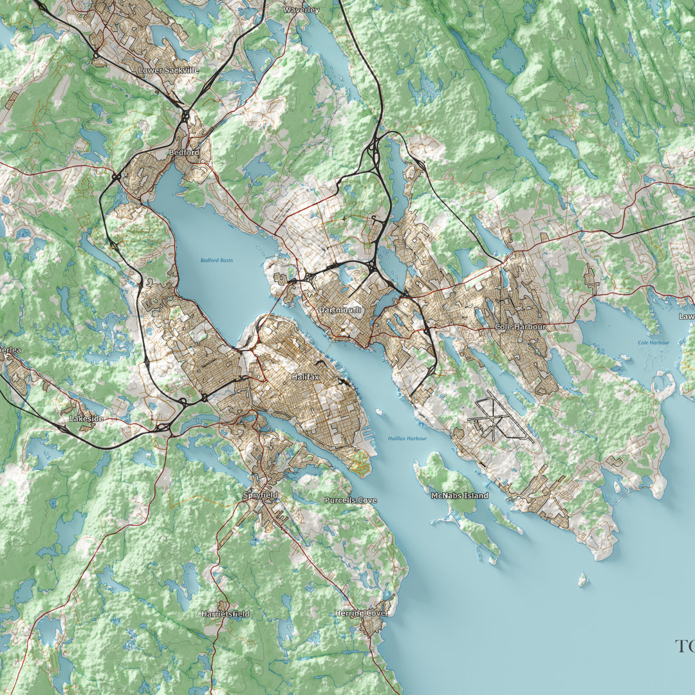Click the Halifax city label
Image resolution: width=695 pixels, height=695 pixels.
pyautogui.click(x=304, y=376)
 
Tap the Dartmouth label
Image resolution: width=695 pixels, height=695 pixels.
pyautogui.click(x=340, y=310)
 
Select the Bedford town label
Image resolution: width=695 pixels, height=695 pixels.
pyautogui.click(x=183, y=153)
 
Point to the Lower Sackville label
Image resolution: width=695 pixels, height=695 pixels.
pyautogui.click(x=169, y=69)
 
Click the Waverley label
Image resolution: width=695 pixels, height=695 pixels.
pyautogui.click(x=301, y=10)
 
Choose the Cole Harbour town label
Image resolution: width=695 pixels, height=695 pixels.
pyautogui.click(x=520, y=327)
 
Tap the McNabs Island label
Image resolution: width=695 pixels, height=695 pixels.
pyautogui.click(x=459, y=496)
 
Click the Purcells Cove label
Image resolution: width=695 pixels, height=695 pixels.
pyautogui.click(x=351, y=500)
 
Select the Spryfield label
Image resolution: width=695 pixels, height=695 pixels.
pyautogui.click(x=260, y=496)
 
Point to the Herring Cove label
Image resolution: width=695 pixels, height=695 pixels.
pyautogui.click(x=360, y=613)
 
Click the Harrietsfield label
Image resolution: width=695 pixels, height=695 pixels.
pyautogui.click(x=225, y=614)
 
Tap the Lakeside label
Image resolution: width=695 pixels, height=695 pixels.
pyautogui.click(x=86, y=418)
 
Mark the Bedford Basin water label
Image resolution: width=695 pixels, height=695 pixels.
pyautogui.click(x=216, y=261)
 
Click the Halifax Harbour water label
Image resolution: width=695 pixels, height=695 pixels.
pyautogui.click(x=407, y=439)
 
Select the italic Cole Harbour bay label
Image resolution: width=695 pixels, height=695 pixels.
pyautogui.click(x=653, y=343)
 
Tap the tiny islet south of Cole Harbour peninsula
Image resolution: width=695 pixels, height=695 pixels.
pyautogui.click(x=582, y=580)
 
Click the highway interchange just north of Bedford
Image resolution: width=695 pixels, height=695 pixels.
pyautogui.click(x=185, y=117)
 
